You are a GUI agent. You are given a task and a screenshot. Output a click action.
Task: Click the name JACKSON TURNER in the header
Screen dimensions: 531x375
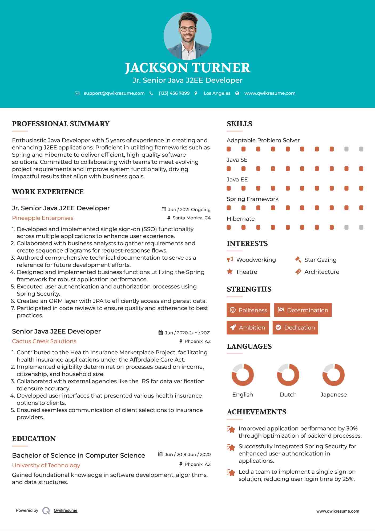(187, 68)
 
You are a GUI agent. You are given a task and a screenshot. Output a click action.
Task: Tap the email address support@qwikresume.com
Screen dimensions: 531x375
(114, 93)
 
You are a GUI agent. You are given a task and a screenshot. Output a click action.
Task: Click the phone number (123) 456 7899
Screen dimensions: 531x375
(174, 93)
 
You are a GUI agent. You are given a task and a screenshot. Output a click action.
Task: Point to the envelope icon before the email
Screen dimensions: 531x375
(77, 93)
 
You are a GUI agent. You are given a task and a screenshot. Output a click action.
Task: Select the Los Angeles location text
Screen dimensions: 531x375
(217, 93)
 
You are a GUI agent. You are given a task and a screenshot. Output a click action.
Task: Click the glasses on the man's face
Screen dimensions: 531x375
(187, 29)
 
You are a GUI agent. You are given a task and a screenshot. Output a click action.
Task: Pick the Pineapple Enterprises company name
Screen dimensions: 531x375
(43, 218)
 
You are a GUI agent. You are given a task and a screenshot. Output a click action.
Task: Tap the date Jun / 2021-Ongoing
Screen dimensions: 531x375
(189, 209)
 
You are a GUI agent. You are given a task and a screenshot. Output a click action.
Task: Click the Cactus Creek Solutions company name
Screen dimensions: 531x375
(44, 341)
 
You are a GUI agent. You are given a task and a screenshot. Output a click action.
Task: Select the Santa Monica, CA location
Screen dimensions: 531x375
(191, 218)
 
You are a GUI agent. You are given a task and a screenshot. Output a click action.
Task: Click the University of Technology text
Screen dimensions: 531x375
(46, 465)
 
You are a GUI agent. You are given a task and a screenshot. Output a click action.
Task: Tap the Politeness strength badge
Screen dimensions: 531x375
(248, 310)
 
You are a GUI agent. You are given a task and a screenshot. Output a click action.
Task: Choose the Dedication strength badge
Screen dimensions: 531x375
(295, 327)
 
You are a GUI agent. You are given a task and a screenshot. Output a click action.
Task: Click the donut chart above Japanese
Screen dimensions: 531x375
(333, 375)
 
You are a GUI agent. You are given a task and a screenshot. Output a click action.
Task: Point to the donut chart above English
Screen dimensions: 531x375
(243, 375)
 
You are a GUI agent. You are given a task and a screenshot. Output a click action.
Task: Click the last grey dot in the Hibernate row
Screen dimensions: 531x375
(361, 227)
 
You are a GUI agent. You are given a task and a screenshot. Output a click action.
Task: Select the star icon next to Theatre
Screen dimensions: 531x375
(230, 272)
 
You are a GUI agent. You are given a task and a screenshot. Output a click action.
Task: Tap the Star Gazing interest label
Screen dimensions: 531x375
(320, 260)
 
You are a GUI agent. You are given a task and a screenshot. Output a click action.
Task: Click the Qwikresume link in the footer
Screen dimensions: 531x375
(66, 510)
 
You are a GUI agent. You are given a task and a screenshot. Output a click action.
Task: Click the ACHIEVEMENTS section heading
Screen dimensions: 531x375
(256, 412)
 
